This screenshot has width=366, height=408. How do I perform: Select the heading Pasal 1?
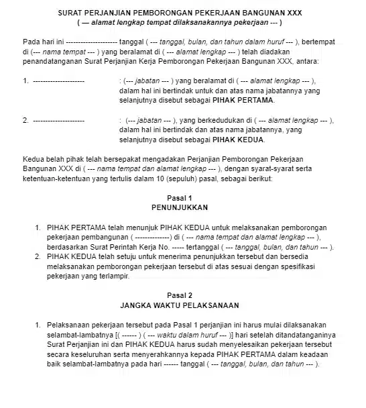click(x=179, y=198)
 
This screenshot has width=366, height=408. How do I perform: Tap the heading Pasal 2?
click(x=179, y=295)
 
